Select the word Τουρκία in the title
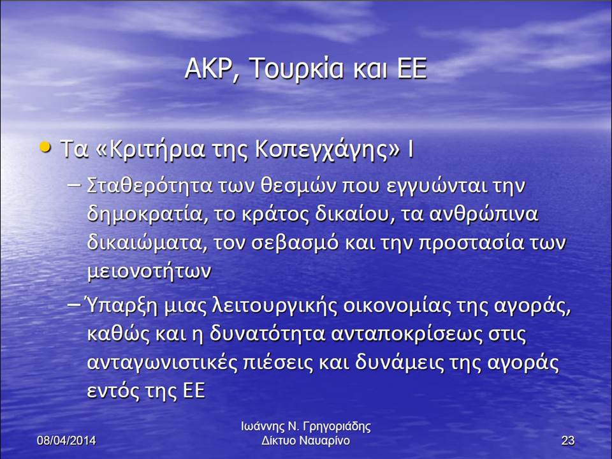[x=296, y=68]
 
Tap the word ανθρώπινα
[x=484, y=214]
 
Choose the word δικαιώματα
[x=145, y=243]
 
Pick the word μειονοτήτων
[x=149, y=272]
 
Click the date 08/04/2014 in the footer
[x=66, y=441]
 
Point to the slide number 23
[x=568, y=441]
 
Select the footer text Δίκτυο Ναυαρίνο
[x=305, y=441]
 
